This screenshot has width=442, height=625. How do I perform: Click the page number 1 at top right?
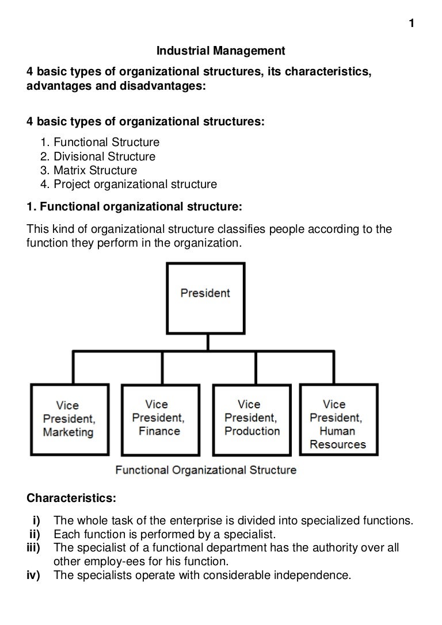click(x=411, y=24)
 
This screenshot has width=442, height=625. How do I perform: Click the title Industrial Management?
click(x=221, y=52)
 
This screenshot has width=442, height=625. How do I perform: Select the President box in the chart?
click(x=205, y=294)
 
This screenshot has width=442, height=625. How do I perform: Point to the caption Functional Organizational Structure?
click(x=206, y=470)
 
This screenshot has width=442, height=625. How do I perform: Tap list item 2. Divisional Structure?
click(x=98, y=156)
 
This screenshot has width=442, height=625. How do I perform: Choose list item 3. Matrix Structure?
click(x=89, y=171)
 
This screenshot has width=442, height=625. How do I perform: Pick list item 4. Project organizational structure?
click(x=129, y=185)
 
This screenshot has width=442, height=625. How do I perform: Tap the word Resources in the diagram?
click(x=337, y=444)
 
